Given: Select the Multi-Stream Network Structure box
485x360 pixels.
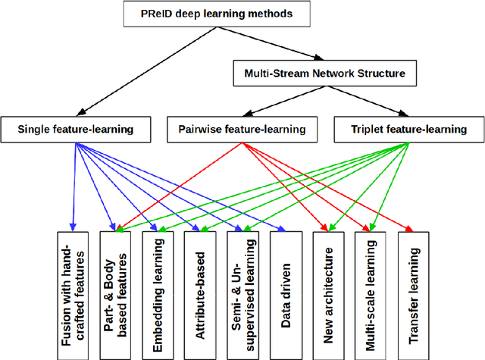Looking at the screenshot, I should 324,74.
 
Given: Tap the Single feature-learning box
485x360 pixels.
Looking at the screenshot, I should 75,130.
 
